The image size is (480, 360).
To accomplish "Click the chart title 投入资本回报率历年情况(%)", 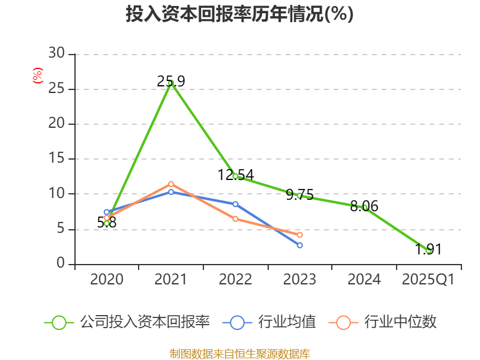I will pos(239,14).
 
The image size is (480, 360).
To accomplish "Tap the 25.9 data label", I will pos(171,82).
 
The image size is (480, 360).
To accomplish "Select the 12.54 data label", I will pos(236,175).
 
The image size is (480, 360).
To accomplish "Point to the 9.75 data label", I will pos(300,194).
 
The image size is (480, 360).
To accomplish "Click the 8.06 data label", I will pos(364,206).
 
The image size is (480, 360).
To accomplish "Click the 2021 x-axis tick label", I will pos(171,280).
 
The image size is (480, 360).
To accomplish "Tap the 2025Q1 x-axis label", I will pos(428,280).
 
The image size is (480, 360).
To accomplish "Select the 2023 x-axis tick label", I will pos(300,280).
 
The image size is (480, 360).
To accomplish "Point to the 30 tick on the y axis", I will pos(57,54).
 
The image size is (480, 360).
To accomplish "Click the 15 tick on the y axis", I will pos(57,159).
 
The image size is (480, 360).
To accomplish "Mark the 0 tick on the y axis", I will pos(61,264).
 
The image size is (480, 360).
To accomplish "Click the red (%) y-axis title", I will pos(38,76).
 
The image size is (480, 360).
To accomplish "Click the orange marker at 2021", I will pos(171,184).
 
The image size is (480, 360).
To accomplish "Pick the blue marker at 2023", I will pos(300,245).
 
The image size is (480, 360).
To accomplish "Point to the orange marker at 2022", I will pos(236,219).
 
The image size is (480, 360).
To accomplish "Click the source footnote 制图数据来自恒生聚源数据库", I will pos(239,353).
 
